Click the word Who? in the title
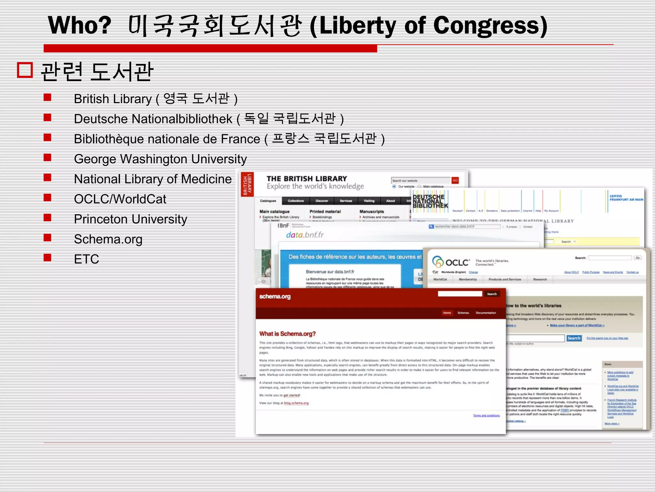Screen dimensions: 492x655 (x=80, y=26)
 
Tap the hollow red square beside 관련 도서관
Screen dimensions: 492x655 (x=25, y=70)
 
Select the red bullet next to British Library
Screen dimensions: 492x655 (x=47, y=97)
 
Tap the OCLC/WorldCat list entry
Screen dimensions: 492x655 (x=120, y=199)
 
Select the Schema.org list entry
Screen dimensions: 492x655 (x=108, y=239)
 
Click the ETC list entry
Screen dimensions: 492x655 (x=86, y=259)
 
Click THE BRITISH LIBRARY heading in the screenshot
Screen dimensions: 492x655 (x=306, y=179)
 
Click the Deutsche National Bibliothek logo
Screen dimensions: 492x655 (x=430, y=201)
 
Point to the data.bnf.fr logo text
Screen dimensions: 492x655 (x=304, y=235)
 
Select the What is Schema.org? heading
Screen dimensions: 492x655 (x=287, y=334)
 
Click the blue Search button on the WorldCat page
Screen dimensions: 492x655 (x=574, y=338)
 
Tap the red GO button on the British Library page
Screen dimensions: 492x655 (x=455, y=180)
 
